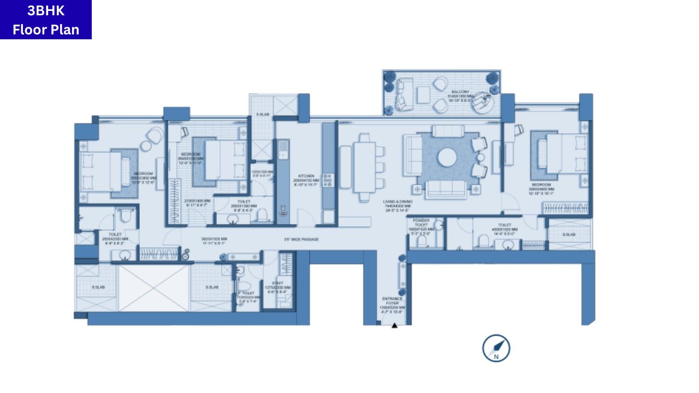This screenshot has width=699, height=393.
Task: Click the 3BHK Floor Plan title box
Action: [x=46, y=20]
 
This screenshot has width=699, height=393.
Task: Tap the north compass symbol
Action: [x=496, y=348]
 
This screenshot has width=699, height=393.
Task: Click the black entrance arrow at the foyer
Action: [x=394, y=326]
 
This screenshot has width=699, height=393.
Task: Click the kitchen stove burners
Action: [x=328, y=180]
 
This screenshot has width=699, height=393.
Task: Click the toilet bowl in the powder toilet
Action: [x=421, y=242]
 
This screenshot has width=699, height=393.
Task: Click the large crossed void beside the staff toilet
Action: [x=154, y=288]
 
